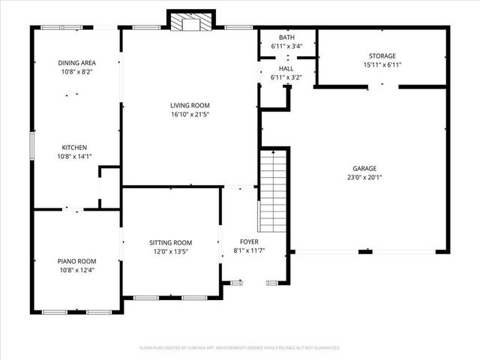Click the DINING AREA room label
[75, 63]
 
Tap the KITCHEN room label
[75, 148]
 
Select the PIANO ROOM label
[76, 261]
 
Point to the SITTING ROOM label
[170, 243]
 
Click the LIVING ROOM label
[190, 106]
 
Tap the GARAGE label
[365, 169]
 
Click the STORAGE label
[382, 56]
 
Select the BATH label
[286, 37]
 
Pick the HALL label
[286, 68]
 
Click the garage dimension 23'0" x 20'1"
[365, 178]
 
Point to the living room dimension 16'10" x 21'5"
[190, 115]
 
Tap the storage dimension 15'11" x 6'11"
[382, 65]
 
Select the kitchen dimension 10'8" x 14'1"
[75, 157]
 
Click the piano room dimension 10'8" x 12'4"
[76, 270]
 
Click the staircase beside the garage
[274, 189]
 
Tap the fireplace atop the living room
[190, 23]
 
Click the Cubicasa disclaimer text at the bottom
[240, 348]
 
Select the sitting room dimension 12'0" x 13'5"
[170, 252]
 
